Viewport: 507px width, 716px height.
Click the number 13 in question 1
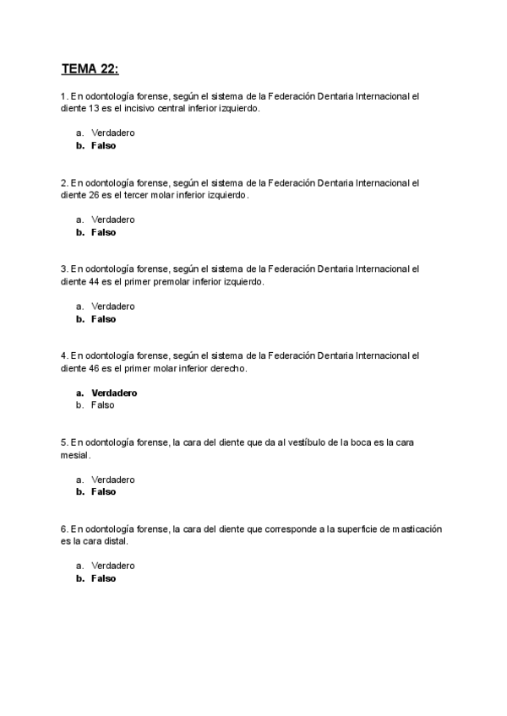[97, 109]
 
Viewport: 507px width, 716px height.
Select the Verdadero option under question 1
[113, 133]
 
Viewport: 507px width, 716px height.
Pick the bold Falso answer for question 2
[103, 232]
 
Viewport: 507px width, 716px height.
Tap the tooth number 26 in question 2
[97, 195]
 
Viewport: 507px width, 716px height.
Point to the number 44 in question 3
[97, 282]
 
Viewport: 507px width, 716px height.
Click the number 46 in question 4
[97, 369]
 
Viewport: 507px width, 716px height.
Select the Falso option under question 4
[103, 405]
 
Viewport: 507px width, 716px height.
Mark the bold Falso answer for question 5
[103, 491]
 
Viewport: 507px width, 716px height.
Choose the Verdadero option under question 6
[113, 566]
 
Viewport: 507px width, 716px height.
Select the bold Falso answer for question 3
[103, 319]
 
